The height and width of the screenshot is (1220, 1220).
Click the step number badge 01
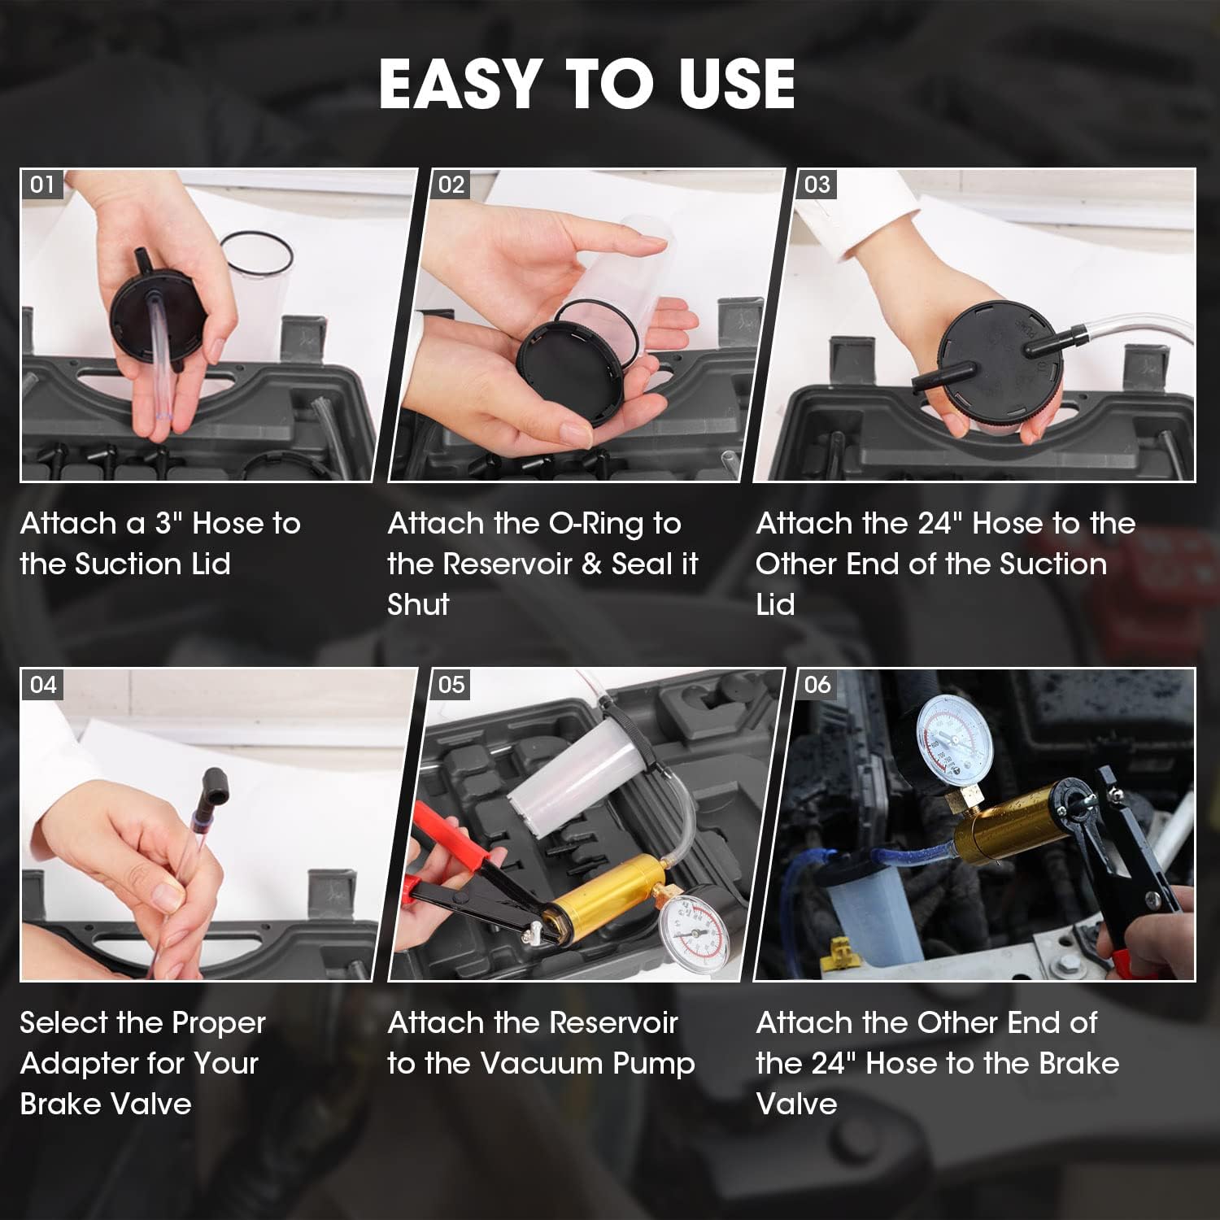click(42, 185)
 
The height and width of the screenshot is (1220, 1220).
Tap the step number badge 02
click(451, 185)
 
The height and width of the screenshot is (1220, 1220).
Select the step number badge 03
click(817, 185)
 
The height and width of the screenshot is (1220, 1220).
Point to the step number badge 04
click(42, 685)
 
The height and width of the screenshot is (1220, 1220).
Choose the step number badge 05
click(451, 685)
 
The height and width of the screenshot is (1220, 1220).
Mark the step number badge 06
click(817, 685)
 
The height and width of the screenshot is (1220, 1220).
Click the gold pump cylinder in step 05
click(600, 890)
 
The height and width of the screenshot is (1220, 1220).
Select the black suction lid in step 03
click(996, 371)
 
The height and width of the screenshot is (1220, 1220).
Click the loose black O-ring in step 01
click(256, 253)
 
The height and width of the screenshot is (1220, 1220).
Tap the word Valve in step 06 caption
click(796, 1104)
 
